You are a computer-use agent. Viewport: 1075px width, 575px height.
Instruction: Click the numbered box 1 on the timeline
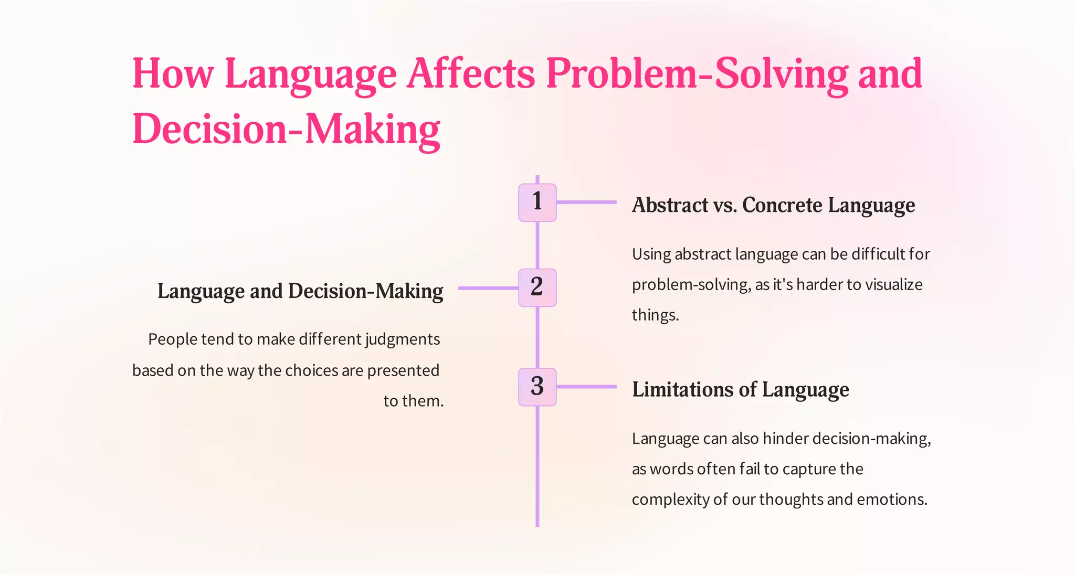coord(537,203)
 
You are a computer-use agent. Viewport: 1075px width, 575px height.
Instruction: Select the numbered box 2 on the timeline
coord(537,287)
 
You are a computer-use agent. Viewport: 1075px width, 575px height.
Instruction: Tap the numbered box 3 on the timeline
coord(537,387)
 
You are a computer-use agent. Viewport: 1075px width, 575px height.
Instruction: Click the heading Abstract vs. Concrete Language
coord(773,205)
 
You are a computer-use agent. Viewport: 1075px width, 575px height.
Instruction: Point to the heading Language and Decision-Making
coord(300,291)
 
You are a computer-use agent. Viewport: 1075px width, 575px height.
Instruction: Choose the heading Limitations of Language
coord(740,390)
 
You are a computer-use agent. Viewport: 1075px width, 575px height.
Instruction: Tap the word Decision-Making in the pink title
coord(286,129)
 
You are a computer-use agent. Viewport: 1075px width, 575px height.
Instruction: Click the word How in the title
coord(173,73)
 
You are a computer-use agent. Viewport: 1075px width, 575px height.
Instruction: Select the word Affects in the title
coord(471,73)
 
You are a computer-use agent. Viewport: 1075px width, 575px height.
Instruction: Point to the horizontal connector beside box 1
coord(586,202)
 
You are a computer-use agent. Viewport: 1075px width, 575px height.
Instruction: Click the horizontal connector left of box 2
coord(488,288)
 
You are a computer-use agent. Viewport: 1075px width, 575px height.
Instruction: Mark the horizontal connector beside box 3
coord(586,387)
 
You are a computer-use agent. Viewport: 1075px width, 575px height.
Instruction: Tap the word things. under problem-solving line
coord(655,315)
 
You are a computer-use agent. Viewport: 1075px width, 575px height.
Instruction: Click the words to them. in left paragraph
coord(413,401)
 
